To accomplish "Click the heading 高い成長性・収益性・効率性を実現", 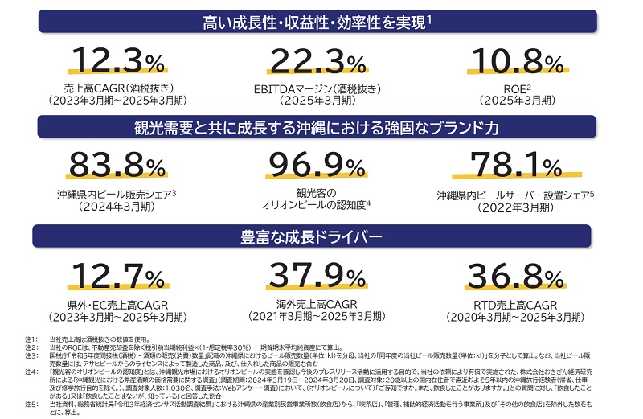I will click(x=317, y=23).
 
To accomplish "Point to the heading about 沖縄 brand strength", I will click(x=317, y=129).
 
